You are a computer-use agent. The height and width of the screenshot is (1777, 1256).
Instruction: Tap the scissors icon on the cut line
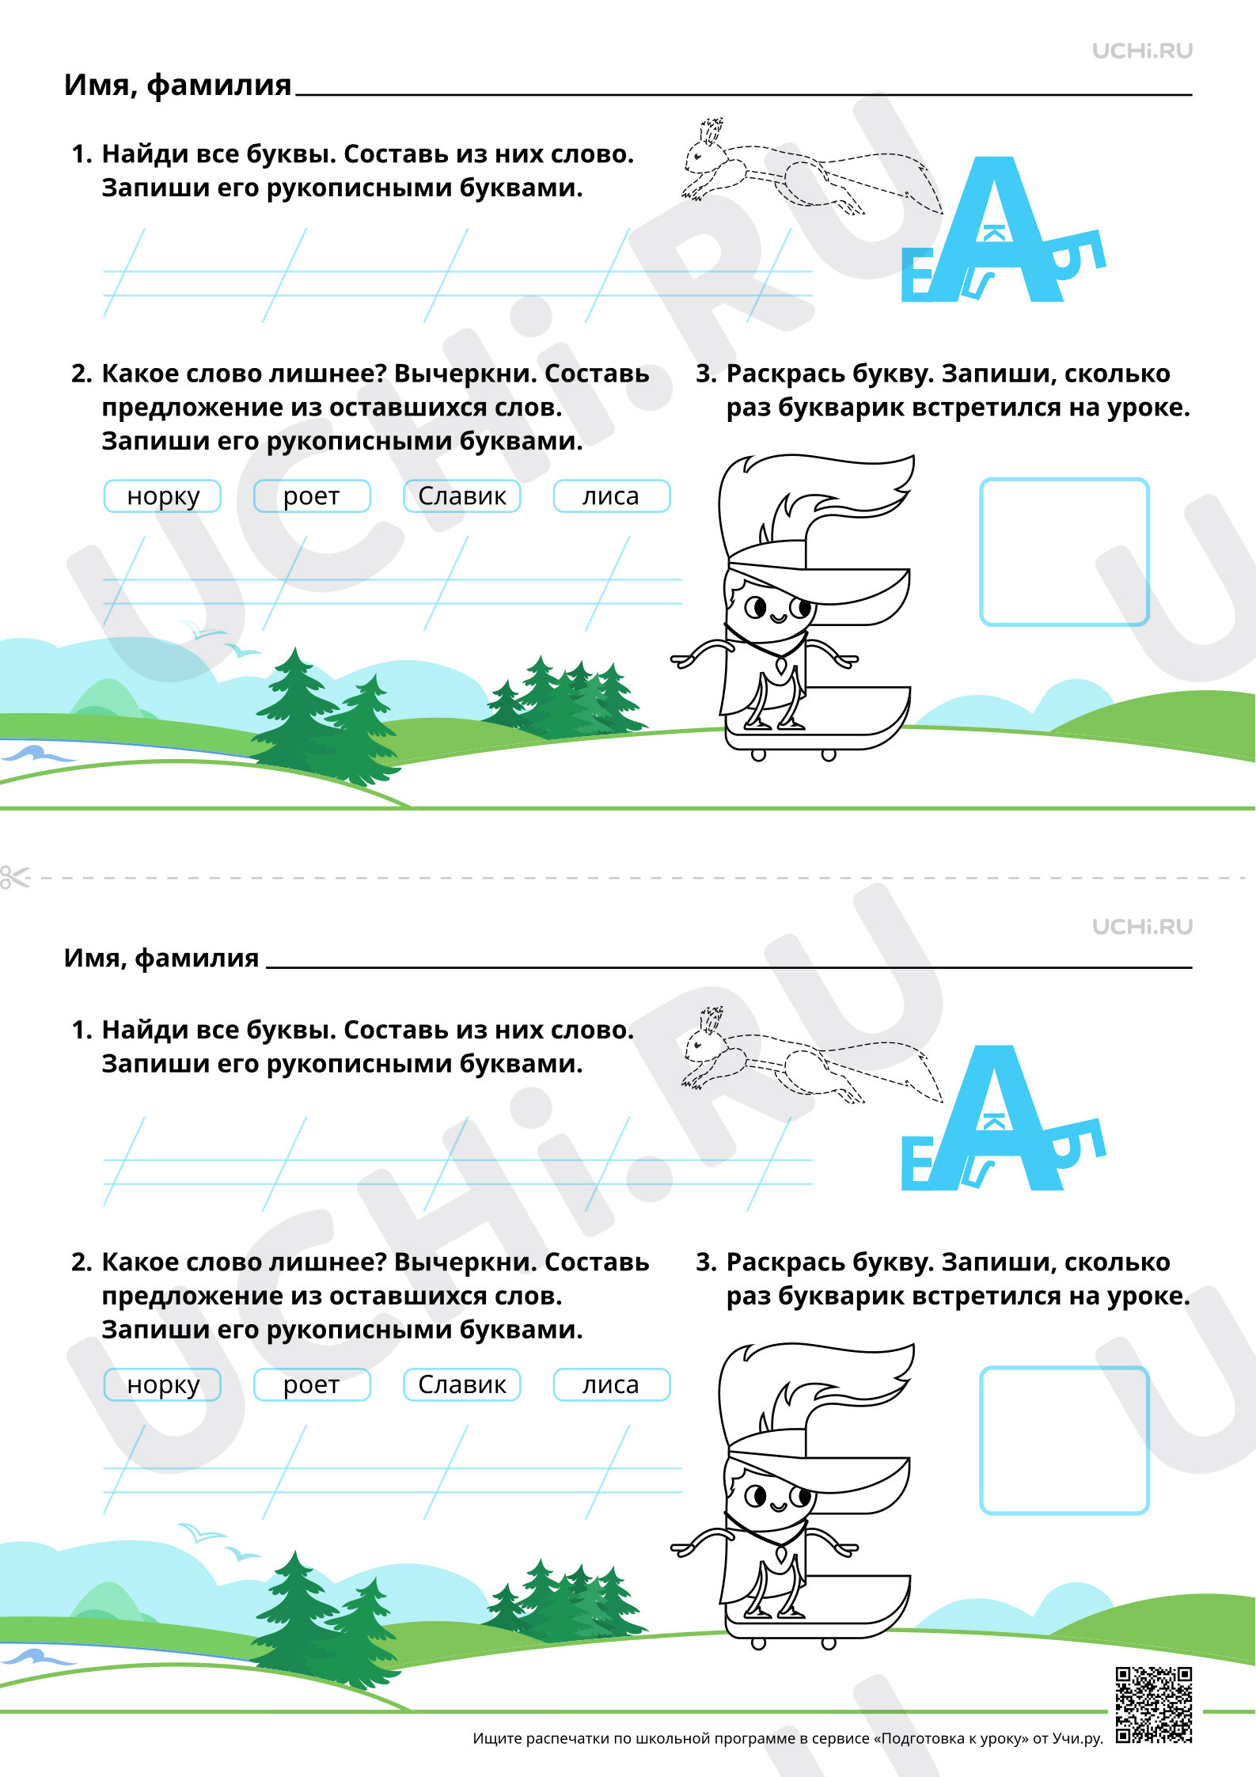point(13,877)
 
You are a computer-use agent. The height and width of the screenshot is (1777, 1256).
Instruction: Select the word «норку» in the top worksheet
point(163,496)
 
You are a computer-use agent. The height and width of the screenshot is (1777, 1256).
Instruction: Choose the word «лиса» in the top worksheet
point(610,496)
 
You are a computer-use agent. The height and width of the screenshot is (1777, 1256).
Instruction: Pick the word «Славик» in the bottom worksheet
point(462,1384)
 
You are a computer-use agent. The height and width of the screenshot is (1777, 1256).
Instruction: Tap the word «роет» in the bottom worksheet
point(311,1385)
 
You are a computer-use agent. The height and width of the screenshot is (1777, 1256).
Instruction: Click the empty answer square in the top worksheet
point(1064,552)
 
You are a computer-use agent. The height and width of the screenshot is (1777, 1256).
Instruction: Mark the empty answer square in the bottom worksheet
point(1064,1441)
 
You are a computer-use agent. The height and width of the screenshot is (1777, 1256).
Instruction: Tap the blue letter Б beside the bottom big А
point(1080,1145)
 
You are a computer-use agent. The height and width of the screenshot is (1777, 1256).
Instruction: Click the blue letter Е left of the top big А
point(918,274)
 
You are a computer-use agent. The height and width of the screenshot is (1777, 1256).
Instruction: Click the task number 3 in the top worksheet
point(704,374)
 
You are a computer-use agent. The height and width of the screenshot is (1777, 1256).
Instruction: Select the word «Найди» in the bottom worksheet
point(144,1030)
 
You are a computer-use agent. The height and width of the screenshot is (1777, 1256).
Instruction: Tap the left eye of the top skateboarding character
point(756,607)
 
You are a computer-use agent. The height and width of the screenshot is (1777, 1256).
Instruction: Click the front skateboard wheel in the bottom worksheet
point(758,1644)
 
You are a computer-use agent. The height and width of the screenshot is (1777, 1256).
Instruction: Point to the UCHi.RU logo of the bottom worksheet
point(1142,926)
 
